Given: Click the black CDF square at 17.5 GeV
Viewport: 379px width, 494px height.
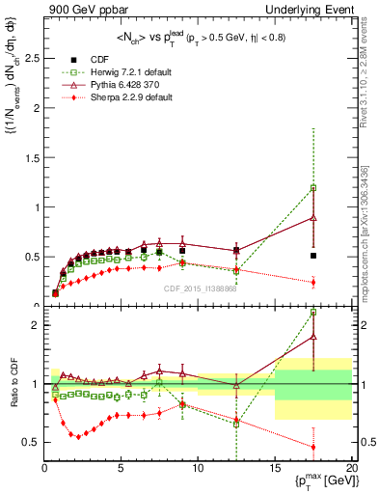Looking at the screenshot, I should [313, 256].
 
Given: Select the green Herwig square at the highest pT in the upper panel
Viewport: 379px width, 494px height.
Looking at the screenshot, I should [313, 188].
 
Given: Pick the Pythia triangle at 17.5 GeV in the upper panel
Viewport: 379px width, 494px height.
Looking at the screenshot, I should [313, 218].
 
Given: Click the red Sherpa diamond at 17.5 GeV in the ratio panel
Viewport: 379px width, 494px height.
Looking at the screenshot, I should [313, 447].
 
